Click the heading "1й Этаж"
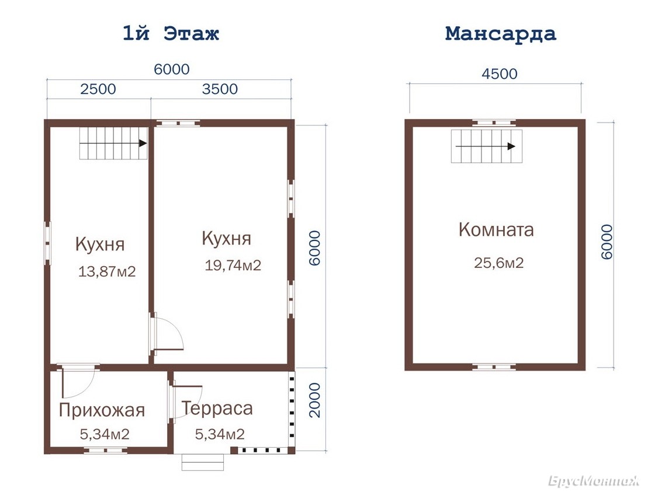pyautogui.click(x=171, y=33)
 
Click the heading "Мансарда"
pyautogui.click(x=501, y=34)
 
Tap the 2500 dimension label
pyautogui.click(x=98, y=89)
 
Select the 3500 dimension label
pyautogui.click(x=220, y=89)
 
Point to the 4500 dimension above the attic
pyautogui.click(x=500, y=74)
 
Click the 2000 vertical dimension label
pyautogui.click(x=315, y=400)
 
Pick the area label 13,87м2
pyautogui.click(x=107, y=271)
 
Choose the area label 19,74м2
pyautogui.click(x=233, y=265)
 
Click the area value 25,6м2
pyautogui.click(x=499, y=263)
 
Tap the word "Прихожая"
pyautogui.click(x=102, y=410)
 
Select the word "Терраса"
pyautogui.click(x=217, y=408)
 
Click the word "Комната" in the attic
pyautogui.click(x=496, y=229)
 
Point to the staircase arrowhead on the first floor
pyautogui.click(x=143, y=143)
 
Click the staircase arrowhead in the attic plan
pyautogui.click(x=511, y=146)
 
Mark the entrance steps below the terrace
pyautogui.click(x=203, y=462)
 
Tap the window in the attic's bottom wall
pyautogui.click(x=494, y=367)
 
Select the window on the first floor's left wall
pyautogui.click(x=47, y=243)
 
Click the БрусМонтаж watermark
pyautogui.click(x=594, y=481)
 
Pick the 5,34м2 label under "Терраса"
pyautogui.click(x=220, y=434)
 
